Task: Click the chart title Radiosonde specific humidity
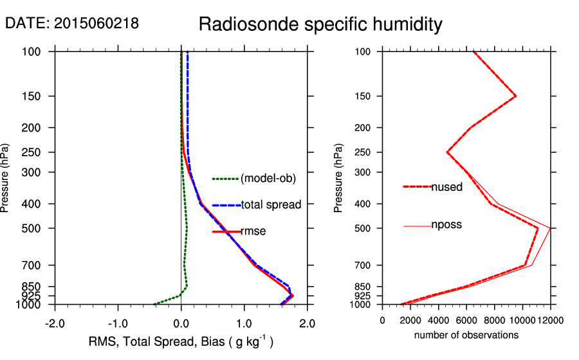click(x=320, y=24)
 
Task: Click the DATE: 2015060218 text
click(x=71, y=23)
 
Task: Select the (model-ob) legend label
click(x=268, y=179)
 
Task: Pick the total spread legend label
click(x=271, y=205)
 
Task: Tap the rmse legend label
click(x=253, y=231)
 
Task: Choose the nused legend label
click(x=446, y=187)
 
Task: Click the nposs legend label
click(x=446, y=225)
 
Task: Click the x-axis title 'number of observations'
click(x=466, y=335)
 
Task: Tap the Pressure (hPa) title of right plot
click(x=339, y=179)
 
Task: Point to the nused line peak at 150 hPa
click(x=516, y=96)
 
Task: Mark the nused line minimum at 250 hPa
click(x=447, y=152)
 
